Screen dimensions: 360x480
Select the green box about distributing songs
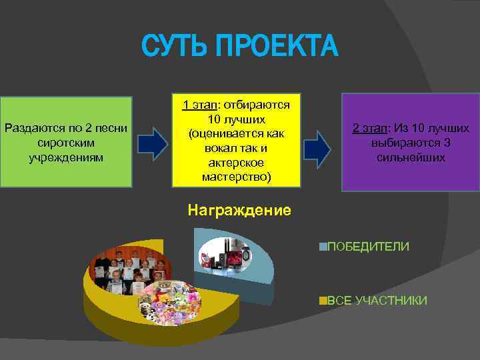click(x=67, y=143)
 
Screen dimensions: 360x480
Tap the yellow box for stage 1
click(x=236, y=141)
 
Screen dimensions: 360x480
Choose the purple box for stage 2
click(x=411, y=142)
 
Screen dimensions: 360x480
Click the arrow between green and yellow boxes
click(x=153, y=143)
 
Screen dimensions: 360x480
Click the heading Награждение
click(x=239, y=211)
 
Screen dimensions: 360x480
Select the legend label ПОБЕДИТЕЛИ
click(x=367, y=247)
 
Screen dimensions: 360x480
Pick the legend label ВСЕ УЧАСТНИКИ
click(x=377, y=301)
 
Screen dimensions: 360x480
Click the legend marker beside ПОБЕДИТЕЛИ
click(x=323, y=247)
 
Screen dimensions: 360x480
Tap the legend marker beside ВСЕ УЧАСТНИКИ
click(x=323, y=301)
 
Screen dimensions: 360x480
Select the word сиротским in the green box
click(x=67, y=143)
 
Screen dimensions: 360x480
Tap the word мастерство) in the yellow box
click(x=236, y=177)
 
